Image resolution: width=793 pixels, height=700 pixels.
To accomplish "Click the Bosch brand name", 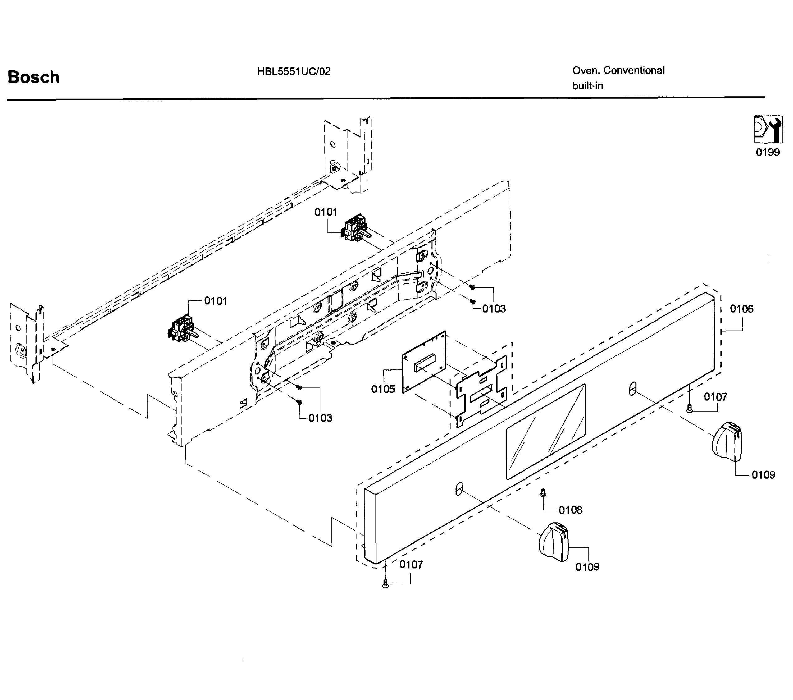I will tap(33, 77).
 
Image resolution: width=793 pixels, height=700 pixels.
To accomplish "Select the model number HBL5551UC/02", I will tap(294, 71).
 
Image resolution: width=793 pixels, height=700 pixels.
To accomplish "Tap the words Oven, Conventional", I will tap(618, 70).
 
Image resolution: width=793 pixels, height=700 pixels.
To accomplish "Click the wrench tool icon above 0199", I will tap(768, 129).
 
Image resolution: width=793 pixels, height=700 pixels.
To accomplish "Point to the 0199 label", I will tap(767, 152).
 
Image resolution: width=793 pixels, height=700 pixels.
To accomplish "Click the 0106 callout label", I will tap(741, 309).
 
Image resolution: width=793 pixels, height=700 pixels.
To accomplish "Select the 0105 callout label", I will tap(383, 389).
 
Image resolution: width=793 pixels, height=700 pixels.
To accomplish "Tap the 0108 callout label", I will tap(570, 510).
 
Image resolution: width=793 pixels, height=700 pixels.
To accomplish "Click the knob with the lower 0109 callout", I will tap(554, 541).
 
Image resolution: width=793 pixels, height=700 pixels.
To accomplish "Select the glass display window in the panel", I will tap(545, 431).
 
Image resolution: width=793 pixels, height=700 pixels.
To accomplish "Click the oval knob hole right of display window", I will tap(632, 388).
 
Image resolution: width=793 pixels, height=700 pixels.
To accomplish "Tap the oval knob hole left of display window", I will tap(459, 489).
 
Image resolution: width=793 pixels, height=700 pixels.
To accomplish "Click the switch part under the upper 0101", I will tap(355, 229).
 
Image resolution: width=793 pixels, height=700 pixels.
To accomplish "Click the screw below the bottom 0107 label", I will tap(385, 583).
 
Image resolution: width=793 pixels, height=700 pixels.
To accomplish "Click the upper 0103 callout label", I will tap(494, 308).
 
